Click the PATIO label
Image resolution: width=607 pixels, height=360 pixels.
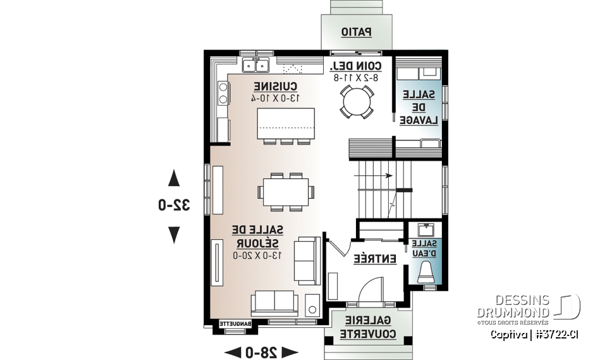(x=357, y=31)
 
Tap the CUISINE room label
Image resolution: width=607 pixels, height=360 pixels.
(x=275, y=86)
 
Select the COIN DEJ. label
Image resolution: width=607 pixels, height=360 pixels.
(x=355, y=66)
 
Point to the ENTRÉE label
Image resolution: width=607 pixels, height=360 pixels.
(x=374, y=259)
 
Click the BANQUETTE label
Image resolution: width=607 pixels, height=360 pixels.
(x=236, y=324)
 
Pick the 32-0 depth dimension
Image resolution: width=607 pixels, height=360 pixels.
(x=174, y=205)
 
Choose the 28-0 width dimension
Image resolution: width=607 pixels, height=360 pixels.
(x=261, y=351)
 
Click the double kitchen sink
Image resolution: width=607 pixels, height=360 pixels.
(x=256, y=65)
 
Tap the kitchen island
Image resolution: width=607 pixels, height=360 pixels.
(x=285, y=123)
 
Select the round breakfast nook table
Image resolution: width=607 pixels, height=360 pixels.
(x=356, y=101)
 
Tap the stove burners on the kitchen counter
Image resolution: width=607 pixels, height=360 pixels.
(x=222, y=94)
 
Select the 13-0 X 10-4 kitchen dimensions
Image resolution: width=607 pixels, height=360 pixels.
(x=275, y=97)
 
